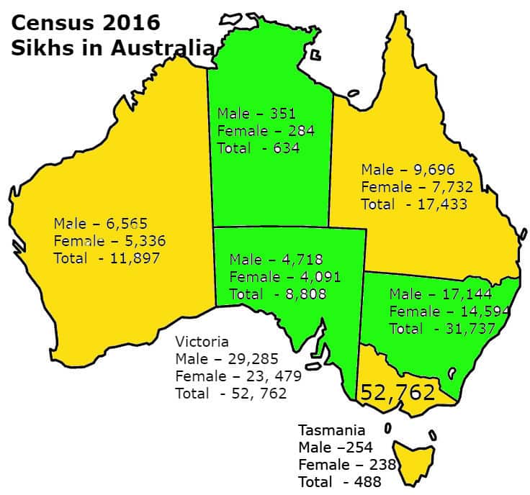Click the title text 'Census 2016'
click(85, 23)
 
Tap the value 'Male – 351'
click(256, 114)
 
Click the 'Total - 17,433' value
click(414, 204)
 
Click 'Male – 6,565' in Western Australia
click(100, 223)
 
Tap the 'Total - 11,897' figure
click(107, 258)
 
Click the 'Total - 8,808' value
click(278, 294)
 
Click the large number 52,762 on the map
click(397, 393)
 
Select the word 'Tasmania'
click(331, 430)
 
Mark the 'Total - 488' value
click(339, 482)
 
